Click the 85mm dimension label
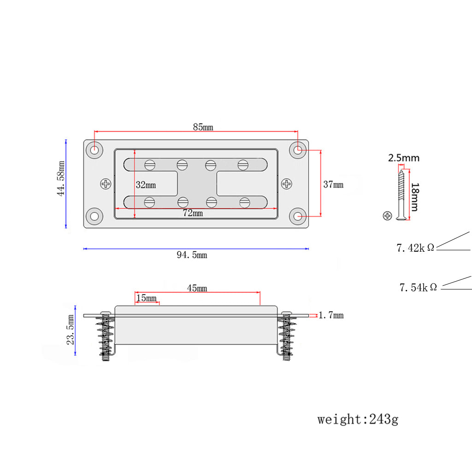coord(203,127)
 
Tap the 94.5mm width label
coord(192,255)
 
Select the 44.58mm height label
coord(61,178)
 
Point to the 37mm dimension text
coord(333,184)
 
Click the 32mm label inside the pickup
coord(146,185)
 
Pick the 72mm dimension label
coord(193,213)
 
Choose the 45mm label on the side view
coord(197,288)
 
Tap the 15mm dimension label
coord(147,298)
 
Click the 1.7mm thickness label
coord(331,315)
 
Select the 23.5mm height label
coord(71,330)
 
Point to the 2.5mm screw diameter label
coord(404,158)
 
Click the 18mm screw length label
coord(415,197)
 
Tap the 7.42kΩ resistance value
coord(415,248)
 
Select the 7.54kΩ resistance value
coord(418,287)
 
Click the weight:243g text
coord(358,419)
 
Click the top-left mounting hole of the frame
coord(94,150)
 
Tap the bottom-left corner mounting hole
coord(94,216)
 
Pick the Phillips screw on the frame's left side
coord(106,183)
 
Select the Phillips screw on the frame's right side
coord(287,183)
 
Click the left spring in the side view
coord(105,337)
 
